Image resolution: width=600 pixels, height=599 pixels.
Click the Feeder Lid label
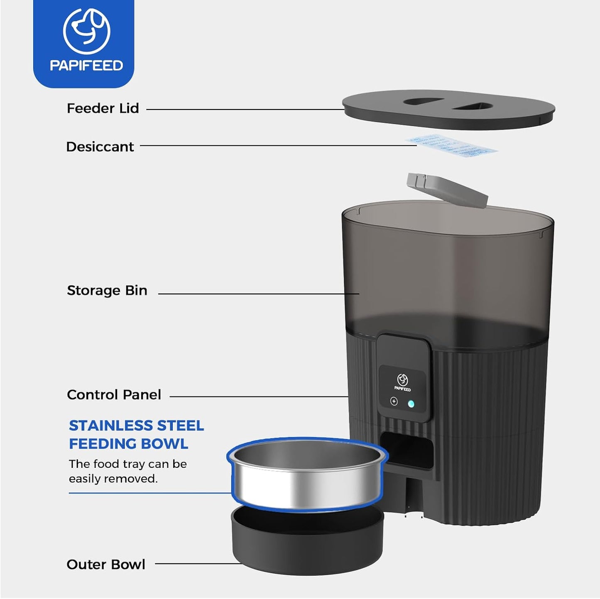(x=103, y=108)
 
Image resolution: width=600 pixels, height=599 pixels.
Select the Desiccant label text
(x=100, y=147)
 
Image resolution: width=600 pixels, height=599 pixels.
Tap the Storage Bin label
(x=107, y=291)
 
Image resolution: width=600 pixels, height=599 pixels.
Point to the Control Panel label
(x=114, y=395)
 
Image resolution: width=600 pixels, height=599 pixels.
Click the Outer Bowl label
(x=106, y=565)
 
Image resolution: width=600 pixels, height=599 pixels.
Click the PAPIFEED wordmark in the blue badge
(x=86, y=66)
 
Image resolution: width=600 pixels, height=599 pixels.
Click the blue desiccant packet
(x=451, y=146)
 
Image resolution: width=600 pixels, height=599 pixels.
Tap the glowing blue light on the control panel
(x=411, y=403)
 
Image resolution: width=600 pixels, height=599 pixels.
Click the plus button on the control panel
(x=394, y=401)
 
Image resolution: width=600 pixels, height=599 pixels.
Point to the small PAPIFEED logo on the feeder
(x=402, y=382)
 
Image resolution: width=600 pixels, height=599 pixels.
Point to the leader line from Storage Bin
(x=257, y=294)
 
